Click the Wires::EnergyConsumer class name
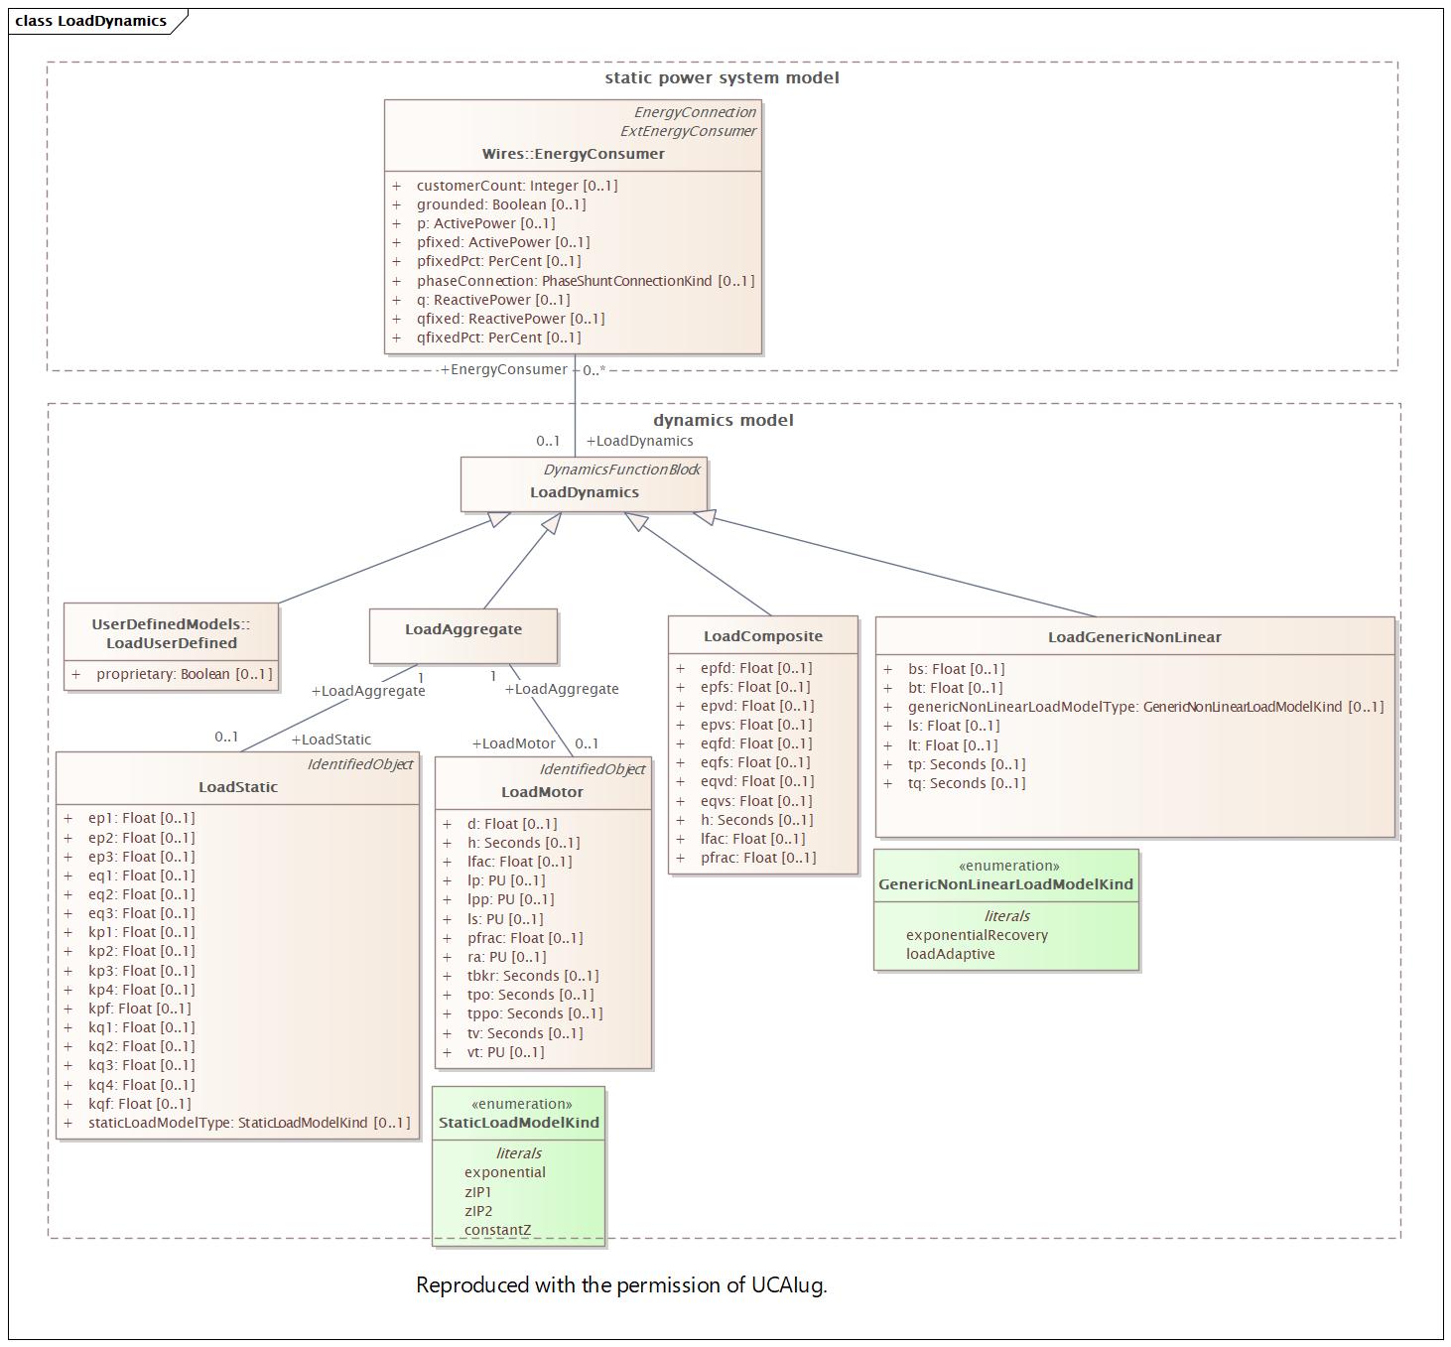pyautogui.click(x=573, y=154)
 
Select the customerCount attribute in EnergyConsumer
pyautogui.click(x=516, y=186)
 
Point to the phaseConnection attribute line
pyautogui.click(x=585, y=281)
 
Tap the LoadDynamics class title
pyautogui.click(x=584, y=492)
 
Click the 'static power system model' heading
pyautogui.click(x=722, y=77)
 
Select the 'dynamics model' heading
pyautogui.click(x=723, y=420)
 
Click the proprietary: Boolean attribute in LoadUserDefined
pyautogui.click(x=184, y=674)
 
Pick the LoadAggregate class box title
pyautogui.click(x=462, y=629)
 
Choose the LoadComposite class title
pyautogui.click(x=762, y=636)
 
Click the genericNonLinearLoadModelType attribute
pyautogui.click(x=1144, y=707)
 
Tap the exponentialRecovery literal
pyautogui.click(x=977, y=935)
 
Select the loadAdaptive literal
pyautogui.click(x=950, y=954)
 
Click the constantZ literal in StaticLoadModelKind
pyautogui.click(x=497, y=1230)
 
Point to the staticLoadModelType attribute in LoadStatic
pyautogui.click(x=248, y=1123)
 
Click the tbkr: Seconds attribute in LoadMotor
pyautogui.click(x=532, y=976)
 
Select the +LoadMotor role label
pyautogui.click(x=513, y=743)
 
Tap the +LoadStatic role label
pyautogui.click(x=330, y=740)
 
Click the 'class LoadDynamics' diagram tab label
pyautogui.click(x=90, y=21)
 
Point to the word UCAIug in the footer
pyautogui.click(x=788, y=1285)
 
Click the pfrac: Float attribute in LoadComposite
pyautogui.click(x=757, y=858)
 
